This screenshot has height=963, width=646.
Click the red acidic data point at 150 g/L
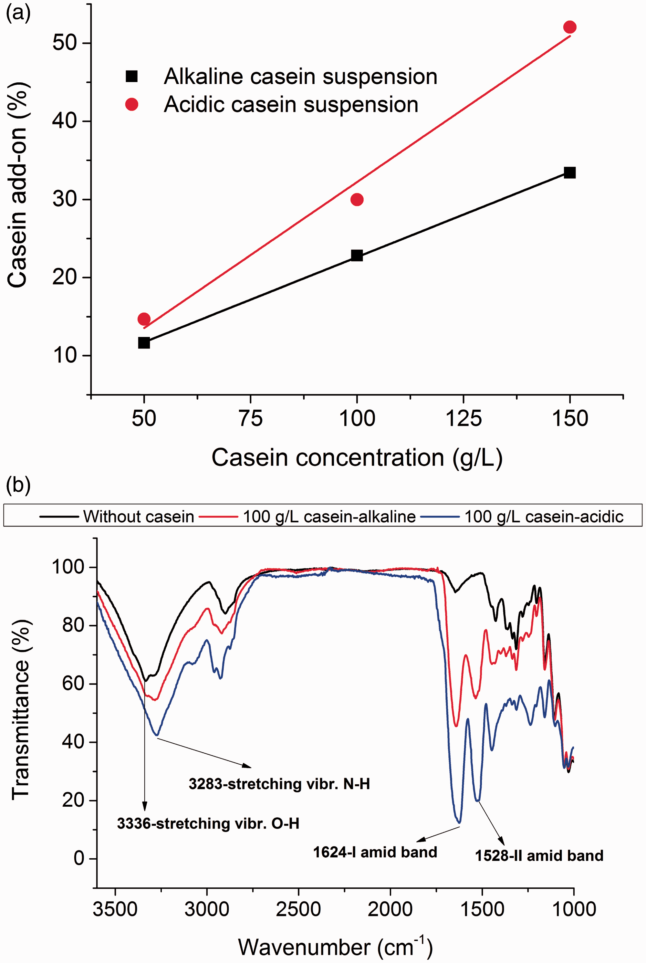tap(569, 27)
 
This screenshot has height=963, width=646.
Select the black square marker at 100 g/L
tap(357, 256)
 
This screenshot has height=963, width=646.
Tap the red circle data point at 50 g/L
tap(144, 319)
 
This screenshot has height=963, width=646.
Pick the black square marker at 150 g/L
tap(569, 173)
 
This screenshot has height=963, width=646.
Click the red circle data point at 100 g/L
tap(357, 199)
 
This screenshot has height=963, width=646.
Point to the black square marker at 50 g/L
tap(144, 342)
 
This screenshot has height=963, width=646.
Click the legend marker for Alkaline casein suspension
tap(131, 76)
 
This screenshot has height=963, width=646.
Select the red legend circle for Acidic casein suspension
tap(131, 104)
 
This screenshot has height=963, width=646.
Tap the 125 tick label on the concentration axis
tap(464, 419)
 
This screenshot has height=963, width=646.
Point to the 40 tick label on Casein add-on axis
tap(65, 121)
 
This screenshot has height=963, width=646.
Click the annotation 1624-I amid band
tap(375, 852)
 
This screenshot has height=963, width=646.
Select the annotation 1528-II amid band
tap(539, 855)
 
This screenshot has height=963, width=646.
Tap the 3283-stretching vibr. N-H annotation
tap(279, 783)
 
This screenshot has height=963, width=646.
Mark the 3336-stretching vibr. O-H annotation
tap(208, 823)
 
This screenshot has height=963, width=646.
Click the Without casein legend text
tap(139, 516)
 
